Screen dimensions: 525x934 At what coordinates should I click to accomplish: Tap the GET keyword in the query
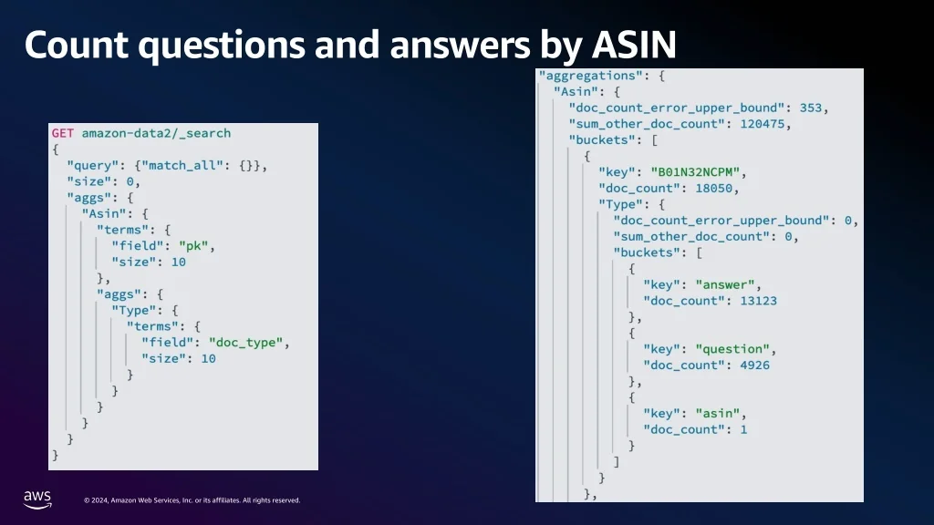[63, 133]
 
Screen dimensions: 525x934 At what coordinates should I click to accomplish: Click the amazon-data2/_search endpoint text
[156, 133]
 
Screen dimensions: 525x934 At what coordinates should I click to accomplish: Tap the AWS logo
[37, 498]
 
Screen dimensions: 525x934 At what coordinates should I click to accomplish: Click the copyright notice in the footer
[192, 500]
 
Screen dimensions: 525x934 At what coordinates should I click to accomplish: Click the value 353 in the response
[811, 108]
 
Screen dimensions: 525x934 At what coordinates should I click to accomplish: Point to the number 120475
[760, 124]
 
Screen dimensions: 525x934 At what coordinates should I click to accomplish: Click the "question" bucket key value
[734, 349]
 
